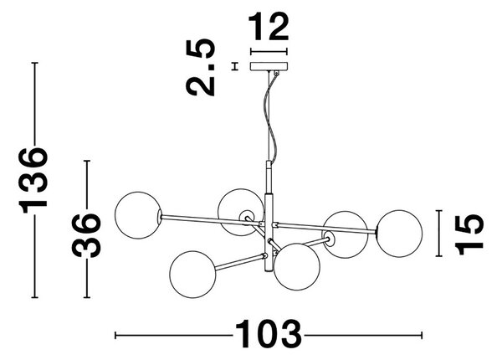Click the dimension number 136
click(33, 180)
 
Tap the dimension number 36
click(86, 234)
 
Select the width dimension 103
click(269, 334)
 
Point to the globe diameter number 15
click(469, 234)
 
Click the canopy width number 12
click(269, 27)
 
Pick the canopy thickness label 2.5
click(201, 67)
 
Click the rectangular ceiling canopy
click(269, 66)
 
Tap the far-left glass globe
click(138, 215)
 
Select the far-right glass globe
click(399, 234)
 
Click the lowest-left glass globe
click(192, 274)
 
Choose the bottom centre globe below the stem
click(297, 267)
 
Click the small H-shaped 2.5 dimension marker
click(236, 66)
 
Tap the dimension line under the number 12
click(269, 51)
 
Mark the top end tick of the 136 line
click(34, 63)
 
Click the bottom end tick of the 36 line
click(86, 297)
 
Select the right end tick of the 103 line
click(422, 336)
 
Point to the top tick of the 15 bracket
click(438, 211)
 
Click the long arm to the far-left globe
click(212, 219)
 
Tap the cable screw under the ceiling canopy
click(276, 73)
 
